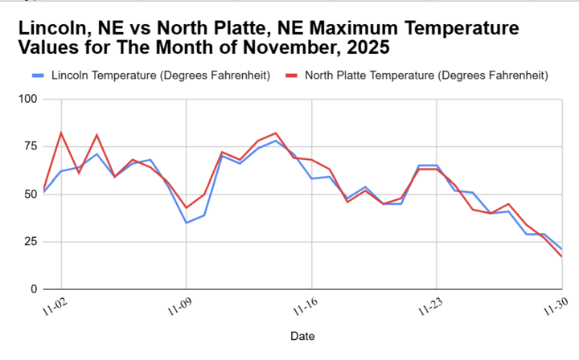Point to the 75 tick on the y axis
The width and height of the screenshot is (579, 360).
pyautogui.click(x=30, y=147)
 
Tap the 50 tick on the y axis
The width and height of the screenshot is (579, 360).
pyautogui.click(x=30, y=194)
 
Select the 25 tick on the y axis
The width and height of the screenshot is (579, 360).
pyautogui.click(x=30, y=242)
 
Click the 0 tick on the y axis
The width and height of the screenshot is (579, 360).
pyautogui.click(x=34, y=289)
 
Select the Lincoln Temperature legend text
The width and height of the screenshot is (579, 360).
pyautogui.click(x=159, y=76)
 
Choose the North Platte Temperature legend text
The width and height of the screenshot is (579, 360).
pyautogui.click(x=425, y=76)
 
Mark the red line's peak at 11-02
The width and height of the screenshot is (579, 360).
pyautogui.click(x=61, y=133)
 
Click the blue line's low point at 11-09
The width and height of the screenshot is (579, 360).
pyautogui.click(x=187, y=223)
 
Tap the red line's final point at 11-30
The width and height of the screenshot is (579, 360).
pyautogui.click(x=561, y=257)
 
